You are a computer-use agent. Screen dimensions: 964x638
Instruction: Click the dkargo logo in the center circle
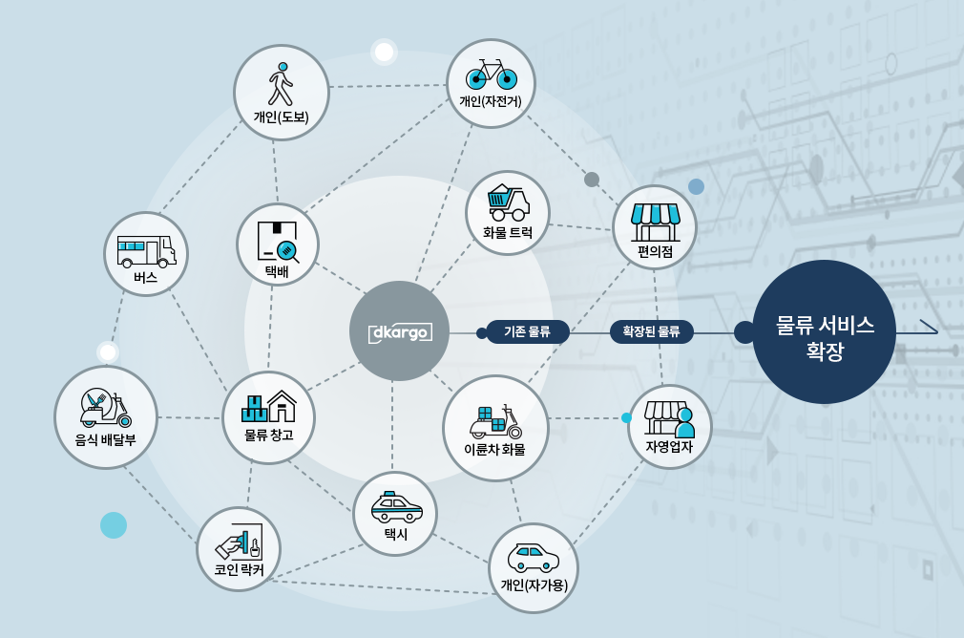399,332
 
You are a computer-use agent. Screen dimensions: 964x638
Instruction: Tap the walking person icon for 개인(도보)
280,84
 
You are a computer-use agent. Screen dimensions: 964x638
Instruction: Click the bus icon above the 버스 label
146,251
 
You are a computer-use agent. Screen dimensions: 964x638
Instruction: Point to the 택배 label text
277,271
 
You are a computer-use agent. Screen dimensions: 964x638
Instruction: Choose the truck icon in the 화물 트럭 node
508,202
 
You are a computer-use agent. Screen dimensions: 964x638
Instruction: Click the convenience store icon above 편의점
655,220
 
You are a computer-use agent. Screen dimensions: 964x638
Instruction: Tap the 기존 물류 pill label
527,332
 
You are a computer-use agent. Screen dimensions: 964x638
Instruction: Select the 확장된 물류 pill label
651,332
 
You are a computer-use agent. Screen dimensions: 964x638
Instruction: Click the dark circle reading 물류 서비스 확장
824,331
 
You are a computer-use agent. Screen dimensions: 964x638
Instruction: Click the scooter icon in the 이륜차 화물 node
495,420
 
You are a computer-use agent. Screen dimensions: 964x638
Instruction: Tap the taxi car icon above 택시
394,507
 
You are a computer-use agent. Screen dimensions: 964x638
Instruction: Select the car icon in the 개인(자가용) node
534,556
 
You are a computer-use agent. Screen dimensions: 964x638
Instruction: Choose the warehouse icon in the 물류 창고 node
268,408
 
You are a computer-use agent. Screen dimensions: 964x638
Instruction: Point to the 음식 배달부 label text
105,440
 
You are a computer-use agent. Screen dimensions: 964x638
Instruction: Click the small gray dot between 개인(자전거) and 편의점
592,180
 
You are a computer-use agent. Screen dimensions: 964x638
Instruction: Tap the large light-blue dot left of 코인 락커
114,524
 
